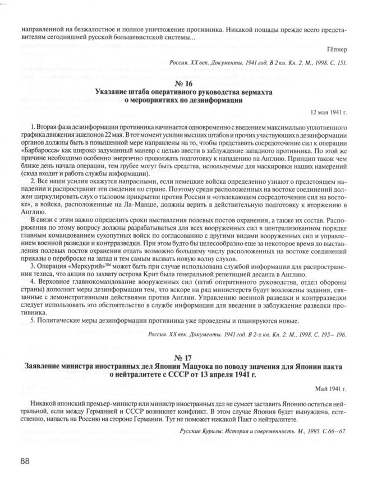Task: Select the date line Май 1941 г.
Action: pyautogui.click(x=330, y=387)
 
